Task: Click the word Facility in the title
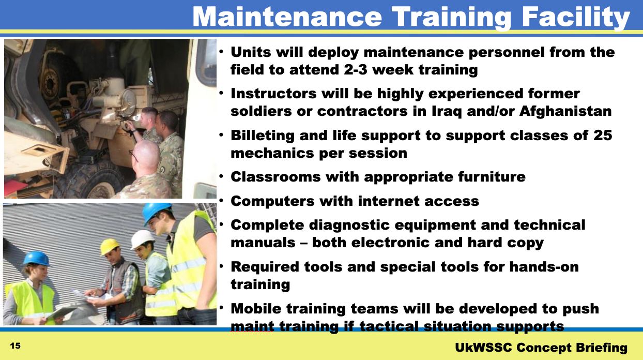pyautogui.click(x=575, y=17)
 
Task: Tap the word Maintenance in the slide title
pyautogui.click(x=287, y=17)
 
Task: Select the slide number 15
pyautogui.click(x=15, y=346)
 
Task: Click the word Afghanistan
pyautogui.click(x=565, y=112)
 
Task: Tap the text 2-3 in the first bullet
pyautogui.click(x=356, y=69)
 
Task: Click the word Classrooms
pyautogui.click(x=275, y=177)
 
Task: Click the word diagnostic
pyautogui.click(x=349, y=225)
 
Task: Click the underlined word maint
pyautogui.click(x=252, y=326)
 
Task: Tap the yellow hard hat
pyautogui.click(x=110, y=246)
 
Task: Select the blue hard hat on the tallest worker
pyautogui.click(x=157, y=212)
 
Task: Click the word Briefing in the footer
pyautogui.click(x=601, y=348)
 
